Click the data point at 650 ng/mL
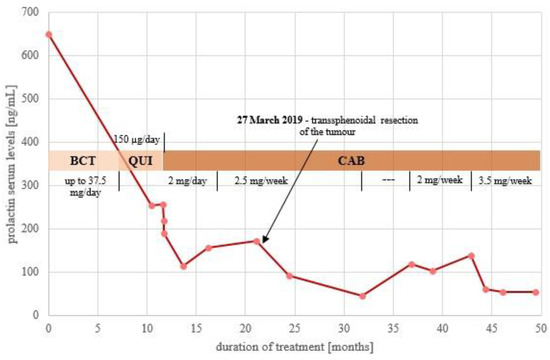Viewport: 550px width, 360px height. [x=48, y=34]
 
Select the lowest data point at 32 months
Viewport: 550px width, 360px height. [x=362, y=296]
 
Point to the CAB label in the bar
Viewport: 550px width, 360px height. [x=350, y=160]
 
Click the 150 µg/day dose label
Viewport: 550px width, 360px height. [x=135, y=138]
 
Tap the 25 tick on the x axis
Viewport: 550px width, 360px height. [x=294, y=326]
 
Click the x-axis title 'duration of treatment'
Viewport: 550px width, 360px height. [x=294, y=346]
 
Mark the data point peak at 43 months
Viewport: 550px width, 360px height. [x=470, y=255]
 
